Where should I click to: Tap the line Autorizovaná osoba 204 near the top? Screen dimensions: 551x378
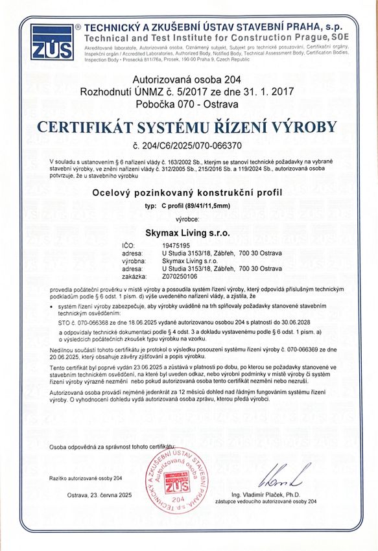[187, 80]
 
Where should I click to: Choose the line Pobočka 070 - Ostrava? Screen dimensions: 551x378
[187, 103]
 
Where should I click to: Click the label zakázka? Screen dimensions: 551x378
[133, 275]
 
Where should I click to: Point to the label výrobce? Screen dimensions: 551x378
[187, 220]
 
